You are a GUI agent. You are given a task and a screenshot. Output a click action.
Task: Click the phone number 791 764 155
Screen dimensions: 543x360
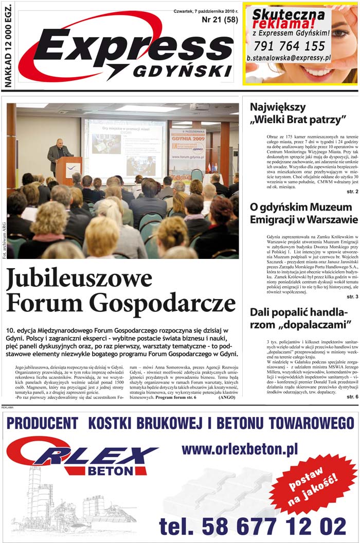point(289,46)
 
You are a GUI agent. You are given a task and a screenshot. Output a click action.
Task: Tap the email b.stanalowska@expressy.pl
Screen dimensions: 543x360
point(288,58)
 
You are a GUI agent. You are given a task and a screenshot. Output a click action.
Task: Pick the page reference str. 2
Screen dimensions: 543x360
point(352,191)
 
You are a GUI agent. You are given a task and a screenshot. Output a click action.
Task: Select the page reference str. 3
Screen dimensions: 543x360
point(352,297)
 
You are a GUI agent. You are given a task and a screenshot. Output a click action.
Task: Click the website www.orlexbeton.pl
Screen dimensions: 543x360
point(239,450)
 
